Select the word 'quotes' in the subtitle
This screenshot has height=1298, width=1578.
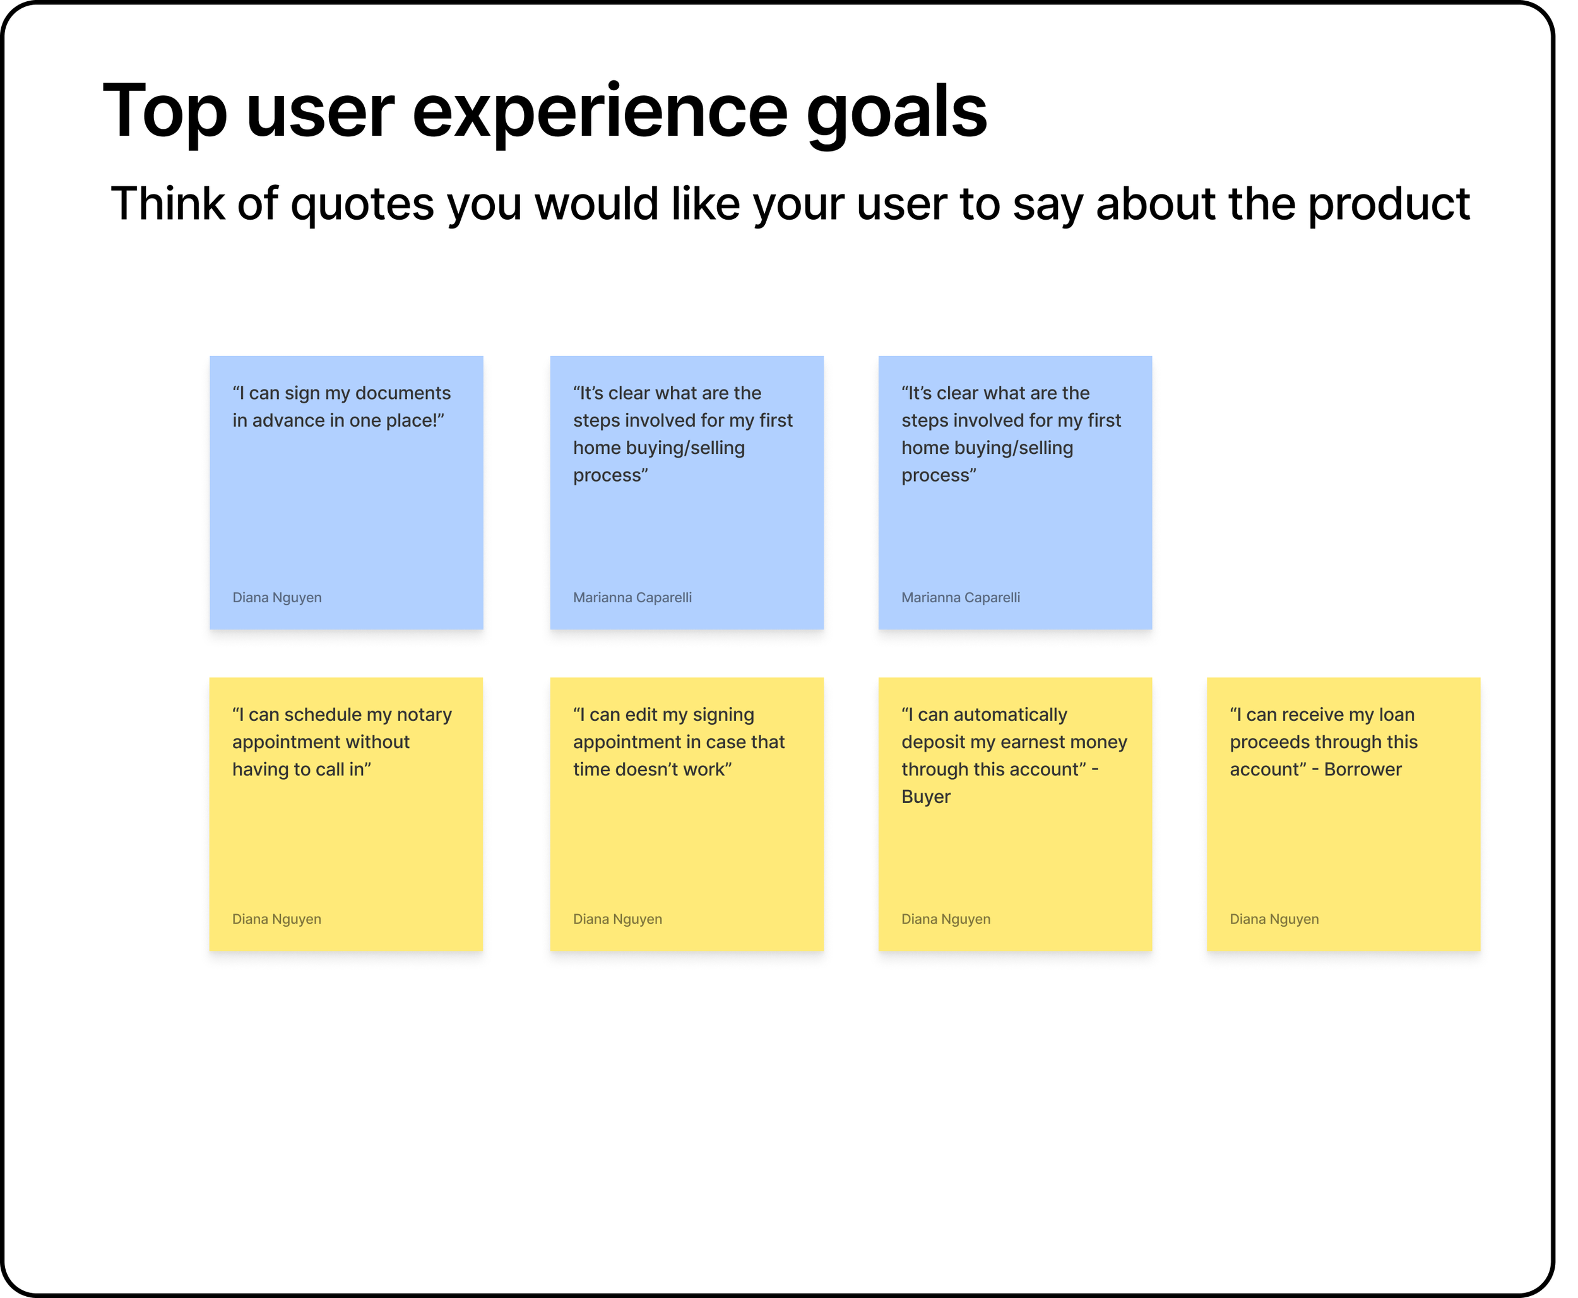362,204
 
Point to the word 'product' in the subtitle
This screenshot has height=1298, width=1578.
1389,204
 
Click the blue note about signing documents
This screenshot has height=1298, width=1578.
346,492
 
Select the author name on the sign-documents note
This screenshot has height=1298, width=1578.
276,597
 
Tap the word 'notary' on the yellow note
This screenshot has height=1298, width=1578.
424,715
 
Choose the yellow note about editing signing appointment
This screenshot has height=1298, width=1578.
686,814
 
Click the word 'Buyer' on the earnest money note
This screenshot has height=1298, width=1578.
925,797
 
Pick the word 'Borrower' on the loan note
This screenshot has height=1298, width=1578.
1363,770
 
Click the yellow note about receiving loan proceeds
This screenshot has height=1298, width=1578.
1343,814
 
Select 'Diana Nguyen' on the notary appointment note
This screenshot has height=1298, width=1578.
276,919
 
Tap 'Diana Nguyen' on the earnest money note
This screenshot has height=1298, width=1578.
946,919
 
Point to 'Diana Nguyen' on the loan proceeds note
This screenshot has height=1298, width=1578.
1274,919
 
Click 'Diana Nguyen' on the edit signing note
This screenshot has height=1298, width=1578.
617,919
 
